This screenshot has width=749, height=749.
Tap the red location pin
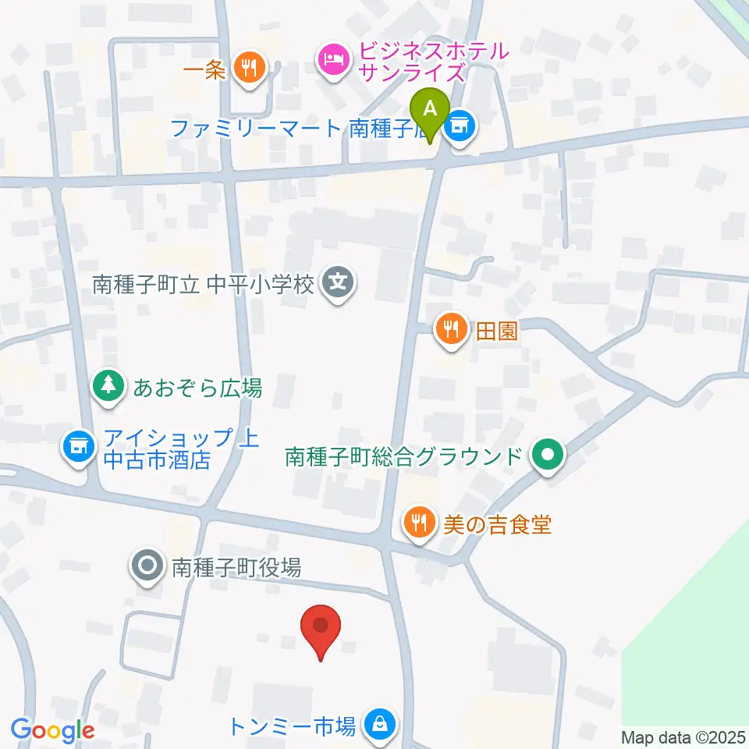[321, 628]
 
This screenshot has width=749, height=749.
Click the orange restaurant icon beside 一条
[249, 67]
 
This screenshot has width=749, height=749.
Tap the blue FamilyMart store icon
[460, 126]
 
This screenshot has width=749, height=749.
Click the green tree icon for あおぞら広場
[109, 387]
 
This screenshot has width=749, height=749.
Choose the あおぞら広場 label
[197, 387]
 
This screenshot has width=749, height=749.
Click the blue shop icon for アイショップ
[78, 447]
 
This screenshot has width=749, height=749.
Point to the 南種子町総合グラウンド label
[403, 456]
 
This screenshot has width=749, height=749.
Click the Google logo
[53, 730]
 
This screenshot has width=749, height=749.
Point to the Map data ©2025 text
[683, 737]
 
